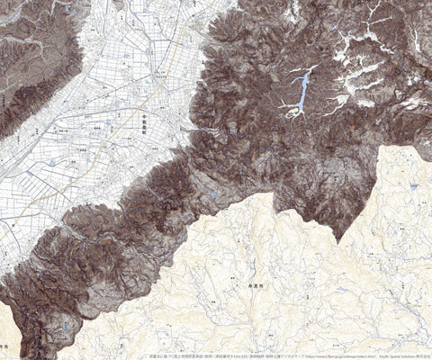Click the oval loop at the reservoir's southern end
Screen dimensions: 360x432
(292, 113)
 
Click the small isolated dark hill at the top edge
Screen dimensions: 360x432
(119, 4)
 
